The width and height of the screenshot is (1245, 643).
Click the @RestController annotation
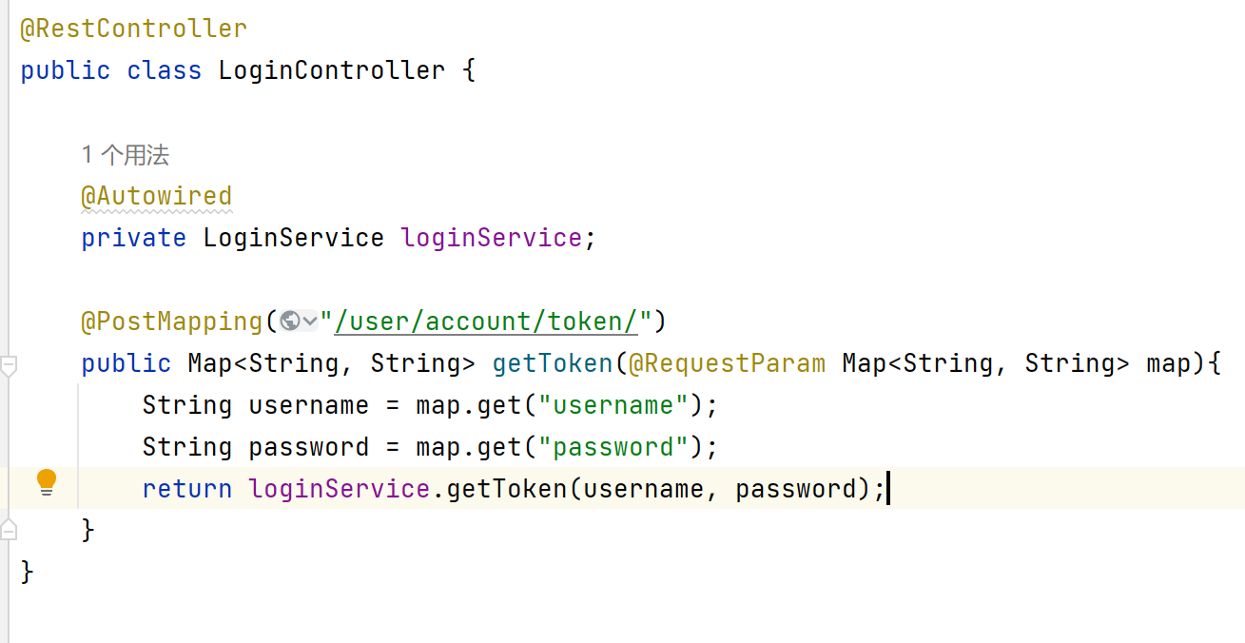click(x=134, y=29)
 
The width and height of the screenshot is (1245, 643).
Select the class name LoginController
click(x=332, y=70)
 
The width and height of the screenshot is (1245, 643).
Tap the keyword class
click(x=164, y=70)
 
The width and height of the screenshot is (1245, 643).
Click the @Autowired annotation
click(x=157, y=197)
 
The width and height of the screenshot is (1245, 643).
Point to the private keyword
click(x=134, y=239)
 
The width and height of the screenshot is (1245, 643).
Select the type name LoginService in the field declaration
click(x=294, y=239)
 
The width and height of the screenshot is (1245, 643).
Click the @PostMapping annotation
click(x=172, y=321)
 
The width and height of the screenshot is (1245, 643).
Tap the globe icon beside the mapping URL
click(x=290, y=321)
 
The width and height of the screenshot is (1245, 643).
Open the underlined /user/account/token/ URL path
click(x=486, y=321)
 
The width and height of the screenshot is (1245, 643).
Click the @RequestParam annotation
click(x=727, y=363)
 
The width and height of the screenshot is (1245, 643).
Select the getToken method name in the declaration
click(x=553, y=363)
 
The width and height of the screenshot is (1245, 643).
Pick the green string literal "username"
click(x=613, y=405)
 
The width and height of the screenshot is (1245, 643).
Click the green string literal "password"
click(x=613, y=447)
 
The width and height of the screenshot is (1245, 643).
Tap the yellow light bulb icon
click(x=47, y=482)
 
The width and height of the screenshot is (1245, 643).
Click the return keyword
click(x=187, y=489)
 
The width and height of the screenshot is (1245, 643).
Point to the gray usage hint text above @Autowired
click(x=126, y=155)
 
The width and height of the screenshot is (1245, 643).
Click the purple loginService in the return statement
click(x=339, y=489)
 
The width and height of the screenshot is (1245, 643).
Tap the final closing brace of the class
click(x=27, y=573)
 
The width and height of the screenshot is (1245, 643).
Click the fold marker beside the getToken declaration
click(x=9, y=365)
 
